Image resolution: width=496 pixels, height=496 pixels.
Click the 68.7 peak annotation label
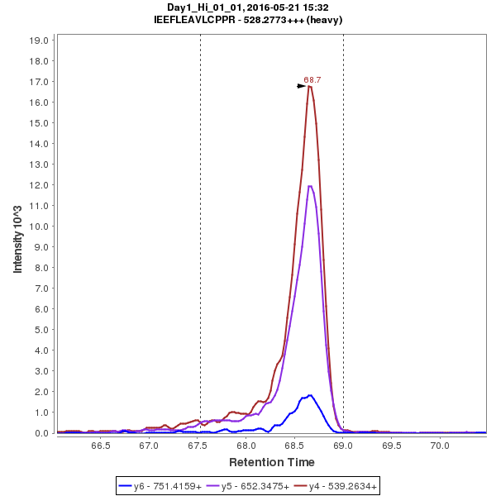(x=312, y=80)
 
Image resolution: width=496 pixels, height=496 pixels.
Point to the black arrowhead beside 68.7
(x=303, y=85)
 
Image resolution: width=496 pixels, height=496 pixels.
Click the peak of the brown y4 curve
(x=309, y=86)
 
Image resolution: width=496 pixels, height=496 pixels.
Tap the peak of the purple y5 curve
(x=310, y=186)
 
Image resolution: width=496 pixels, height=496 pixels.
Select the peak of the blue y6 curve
(x=310, y=395)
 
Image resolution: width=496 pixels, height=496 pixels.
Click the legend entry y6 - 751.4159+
(x=162, y=486)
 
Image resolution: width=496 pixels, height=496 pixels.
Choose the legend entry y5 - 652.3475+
(x=250, y=486)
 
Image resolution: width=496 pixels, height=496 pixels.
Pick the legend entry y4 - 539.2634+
(x=337, y=486)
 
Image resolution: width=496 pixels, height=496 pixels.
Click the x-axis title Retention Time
(x=271, y=461)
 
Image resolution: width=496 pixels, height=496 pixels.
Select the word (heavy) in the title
(x=323, y=19)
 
